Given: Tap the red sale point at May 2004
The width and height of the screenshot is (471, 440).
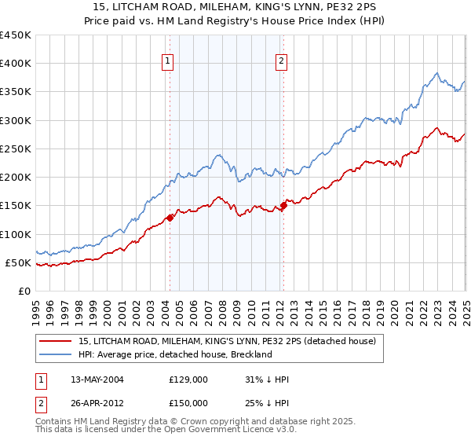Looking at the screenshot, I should click(170, 218).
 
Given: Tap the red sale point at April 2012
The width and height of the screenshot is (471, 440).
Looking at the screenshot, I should click(283, 206).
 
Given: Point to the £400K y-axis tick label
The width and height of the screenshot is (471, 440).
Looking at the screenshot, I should click(16, 64).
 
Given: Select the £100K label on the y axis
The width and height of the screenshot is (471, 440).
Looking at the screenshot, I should click(16, 234).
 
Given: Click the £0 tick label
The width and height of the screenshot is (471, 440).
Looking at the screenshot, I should click(24, 291).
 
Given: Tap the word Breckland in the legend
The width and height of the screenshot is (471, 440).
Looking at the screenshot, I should click(250, 354).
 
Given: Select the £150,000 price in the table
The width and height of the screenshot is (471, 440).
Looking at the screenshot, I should click(188, 402).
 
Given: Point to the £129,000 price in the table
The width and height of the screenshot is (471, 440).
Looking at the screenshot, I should click(188, 379).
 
